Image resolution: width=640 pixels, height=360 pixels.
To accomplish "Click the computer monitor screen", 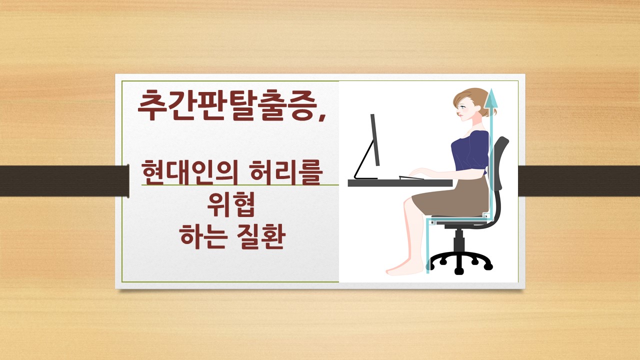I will click(x=374, y=140).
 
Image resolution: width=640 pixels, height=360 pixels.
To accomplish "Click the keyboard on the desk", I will click(x=411, y=177).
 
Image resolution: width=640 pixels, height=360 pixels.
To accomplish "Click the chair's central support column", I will click(x=459, y=242).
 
